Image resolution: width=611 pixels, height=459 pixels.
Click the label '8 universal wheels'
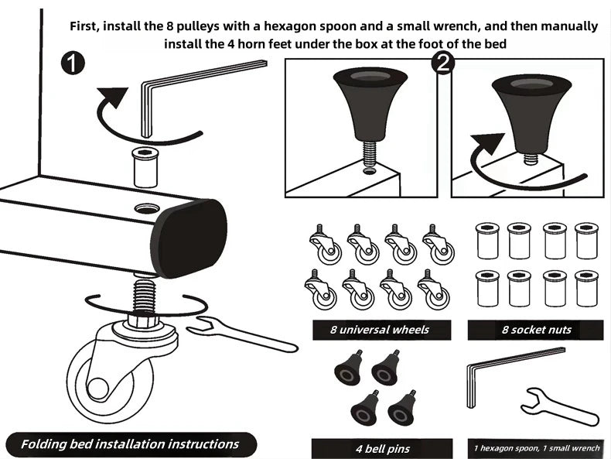coord(379,330)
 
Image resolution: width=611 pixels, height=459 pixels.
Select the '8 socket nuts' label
coord(536,330)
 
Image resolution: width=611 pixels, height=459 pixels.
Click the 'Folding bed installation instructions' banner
coord(129,444)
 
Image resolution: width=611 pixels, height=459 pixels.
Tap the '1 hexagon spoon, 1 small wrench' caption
coord(536,448)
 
